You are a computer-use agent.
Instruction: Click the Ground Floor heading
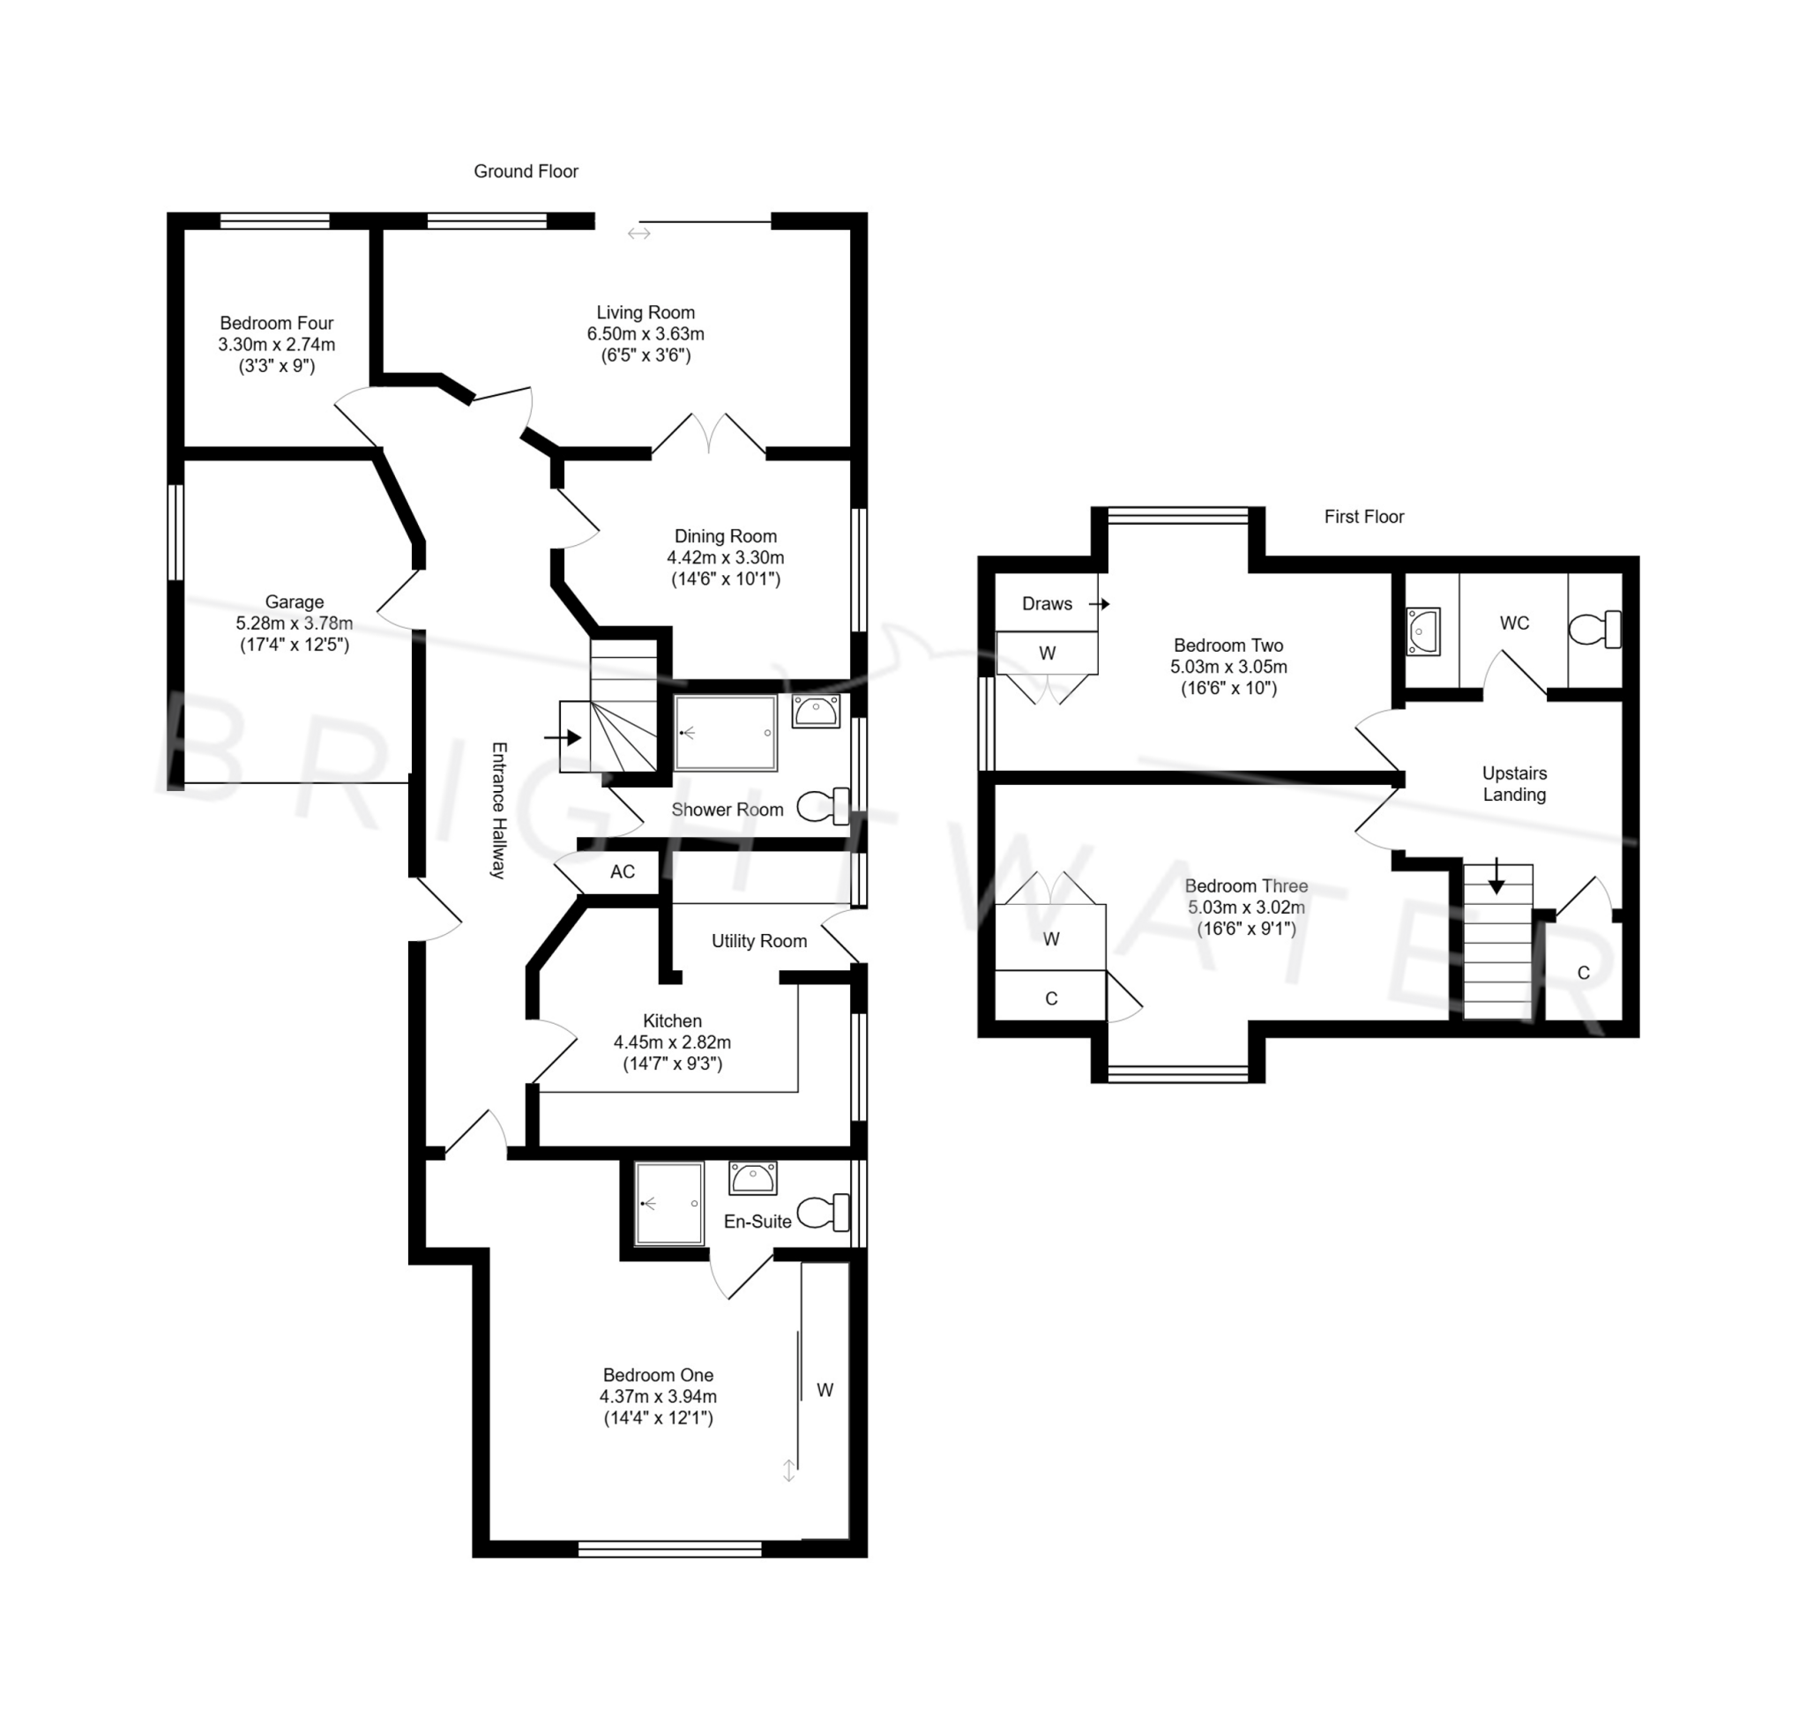(525, 171)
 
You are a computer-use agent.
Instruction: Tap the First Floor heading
(1362, 517)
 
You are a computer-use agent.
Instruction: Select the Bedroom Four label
(276, 323)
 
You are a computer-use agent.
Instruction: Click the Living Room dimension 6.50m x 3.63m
(645, 333)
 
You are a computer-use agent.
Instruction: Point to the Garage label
(295, 601)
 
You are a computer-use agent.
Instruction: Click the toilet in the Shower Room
(823, 806)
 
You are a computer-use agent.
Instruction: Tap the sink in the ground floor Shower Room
(815, 712)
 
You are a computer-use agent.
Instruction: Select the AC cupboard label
(622, 871)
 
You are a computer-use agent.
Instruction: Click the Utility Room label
(758, 941)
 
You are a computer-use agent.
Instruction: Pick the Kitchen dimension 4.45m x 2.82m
(671, 1042)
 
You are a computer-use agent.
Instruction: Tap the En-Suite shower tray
(668, 1204)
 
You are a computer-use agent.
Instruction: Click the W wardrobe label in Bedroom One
(824, 1390)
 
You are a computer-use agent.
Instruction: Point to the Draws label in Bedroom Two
(1047, 603)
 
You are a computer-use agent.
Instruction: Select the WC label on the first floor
(1513, 623)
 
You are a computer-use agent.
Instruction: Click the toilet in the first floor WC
(1593, 630)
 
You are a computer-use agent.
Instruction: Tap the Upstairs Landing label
(1513, 783)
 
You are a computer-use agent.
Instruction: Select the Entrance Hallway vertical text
(497, 810)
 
